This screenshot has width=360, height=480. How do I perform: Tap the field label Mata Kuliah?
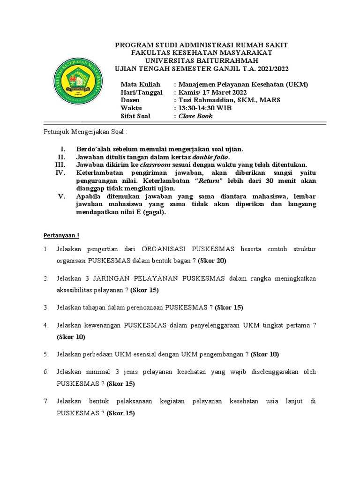[x=137, y=84]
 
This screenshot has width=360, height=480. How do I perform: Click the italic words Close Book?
[x=195, y=116]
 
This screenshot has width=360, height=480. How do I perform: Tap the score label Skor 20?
[x=212, y=260]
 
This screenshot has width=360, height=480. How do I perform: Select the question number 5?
[x=46, y=354]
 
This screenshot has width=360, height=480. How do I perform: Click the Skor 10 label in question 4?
[x=71, y=337]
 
